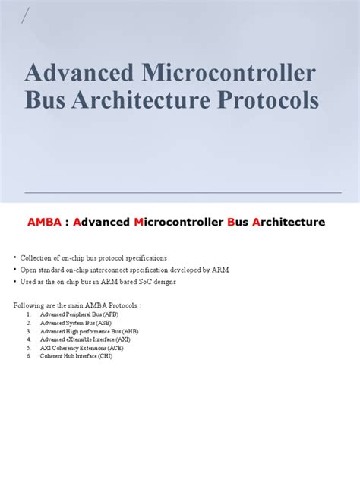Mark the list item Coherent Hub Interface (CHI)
coord(76,356)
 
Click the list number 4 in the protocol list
coord(28,339)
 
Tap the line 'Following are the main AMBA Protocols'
coord(77,305)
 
